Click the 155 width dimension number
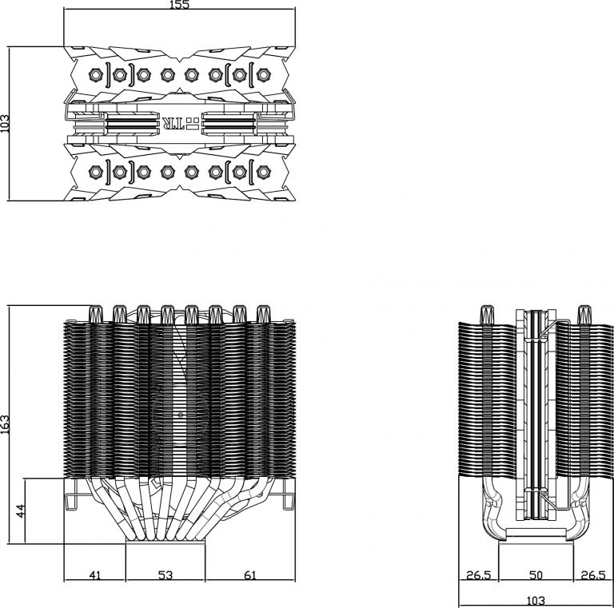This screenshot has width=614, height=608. coord(180,6)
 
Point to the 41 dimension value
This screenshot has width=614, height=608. coord(94,574)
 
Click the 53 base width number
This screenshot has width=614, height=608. coord(165,574)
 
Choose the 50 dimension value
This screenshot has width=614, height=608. coord(536,575)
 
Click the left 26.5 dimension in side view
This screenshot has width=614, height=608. coord(479,575)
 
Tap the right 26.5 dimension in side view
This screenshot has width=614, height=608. coord(593,575)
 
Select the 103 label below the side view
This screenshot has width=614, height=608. coord(536,600)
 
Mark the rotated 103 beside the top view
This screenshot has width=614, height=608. coord(6,122)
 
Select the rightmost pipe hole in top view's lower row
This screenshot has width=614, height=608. coord(263,170)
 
